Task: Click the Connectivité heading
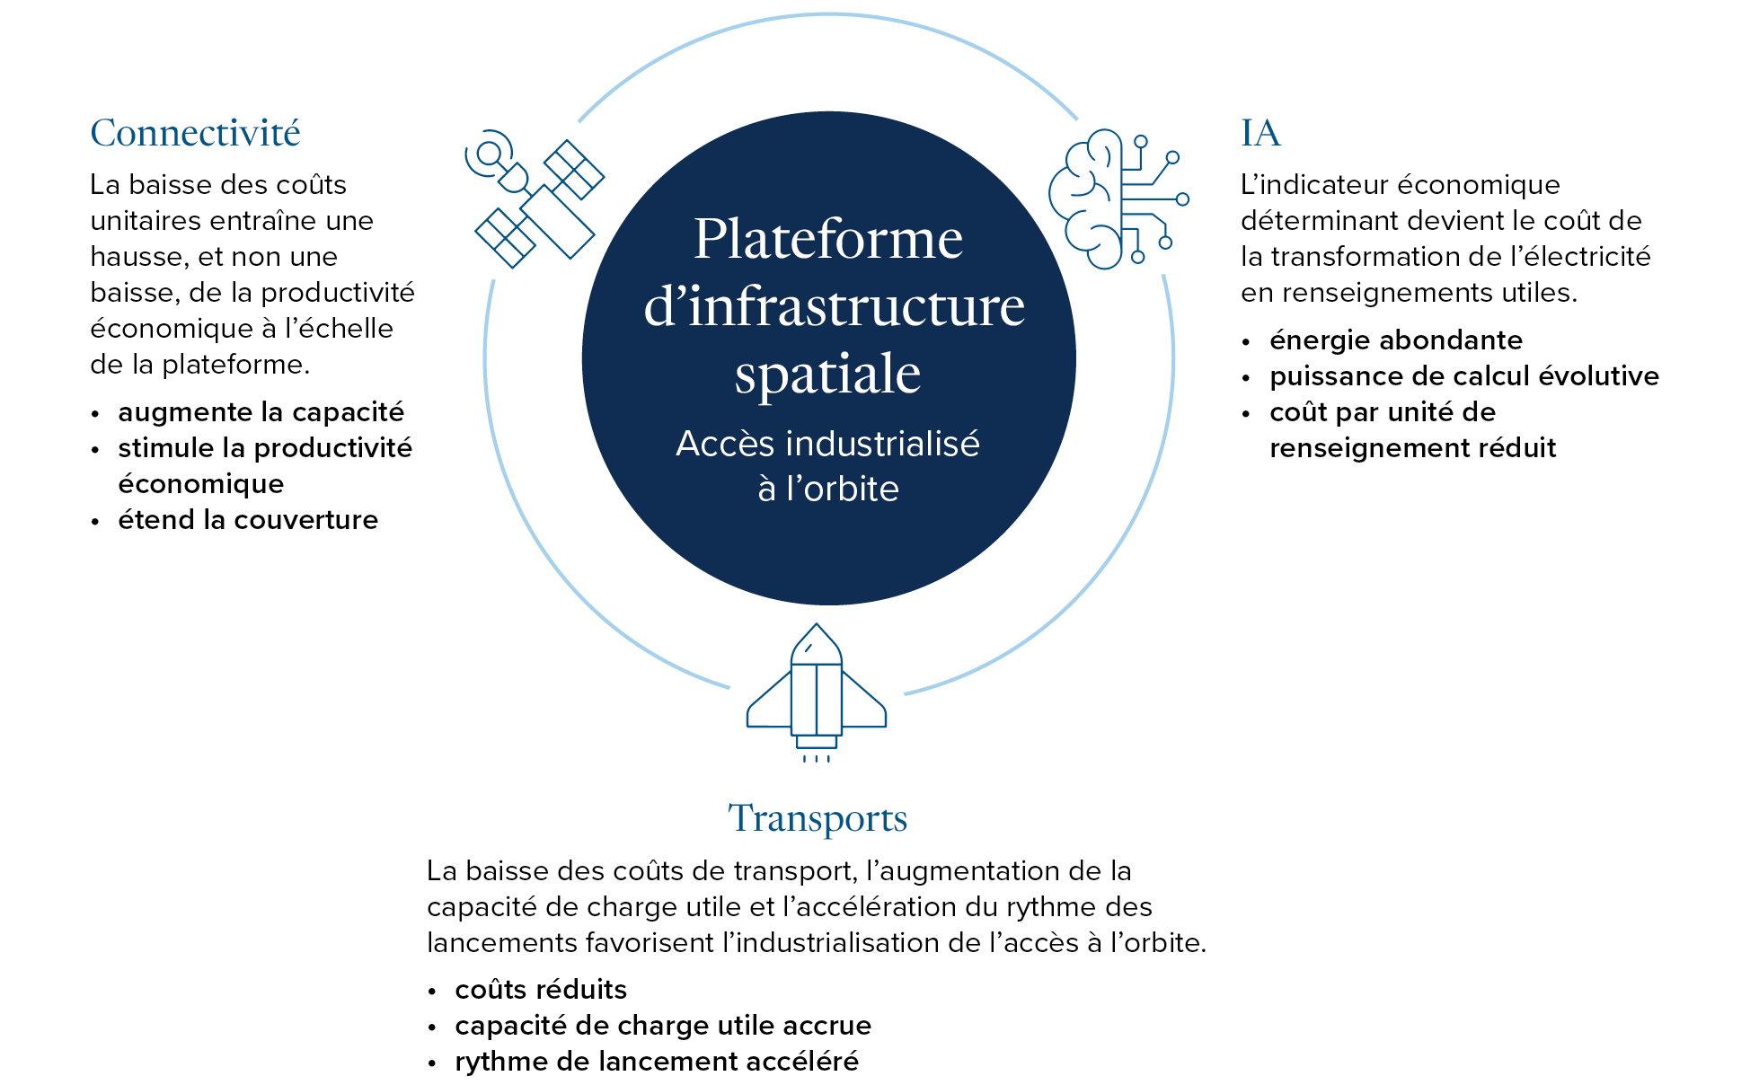click(x=195, y=133)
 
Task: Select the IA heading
click(x=1260, y=133)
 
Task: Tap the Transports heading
click(x=818, y=818)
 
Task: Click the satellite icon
click(x=535, y=199)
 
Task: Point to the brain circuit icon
click(x=1118, y=199)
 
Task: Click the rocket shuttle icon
click(x=817, y=692)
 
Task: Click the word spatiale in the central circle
click(x=828, y=374)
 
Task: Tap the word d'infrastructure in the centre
click(x=835, y=306)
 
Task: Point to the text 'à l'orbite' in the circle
click(x=828, y=489)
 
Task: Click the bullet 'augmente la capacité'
click(x=261, y=412)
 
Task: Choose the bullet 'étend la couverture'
click(x=248, y=520)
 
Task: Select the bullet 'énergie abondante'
click(x=1396, y=340)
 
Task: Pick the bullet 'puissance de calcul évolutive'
click(x=1464, y=376)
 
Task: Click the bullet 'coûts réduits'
click(x=541, y=990)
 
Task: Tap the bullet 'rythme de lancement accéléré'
click(x=657, y=1062)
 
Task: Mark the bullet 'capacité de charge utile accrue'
click(x=663, y=1026)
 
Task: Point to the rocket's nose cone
click(x=816, y=644)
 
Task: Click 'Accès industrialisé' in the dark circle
click(x=828, y=444)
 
